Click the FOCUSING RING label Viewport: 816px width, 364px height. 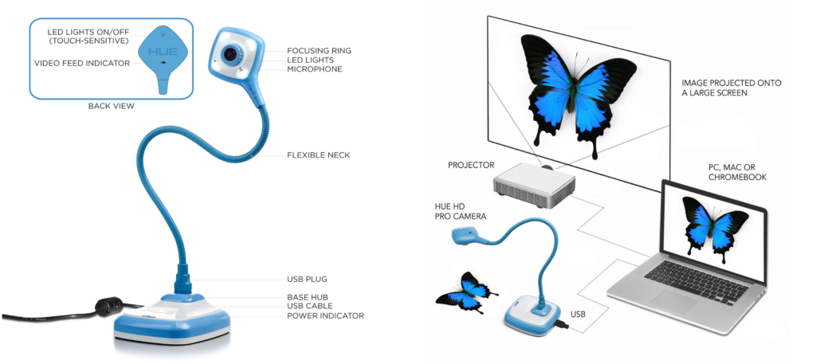pos(319,51)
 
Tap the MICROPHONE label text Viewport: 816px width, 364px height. pos(314,69)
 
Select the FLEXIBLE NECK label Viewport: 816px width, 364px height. pos(319,155)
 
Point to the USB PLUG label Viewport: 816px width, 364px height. pos(307,280)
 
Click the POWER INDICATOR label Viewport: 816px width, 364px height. pos(325,315)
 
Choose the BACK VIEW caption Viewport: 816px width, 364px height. pos(111,106)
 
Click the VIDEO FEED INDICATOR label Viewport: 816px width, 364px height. pos(82,63)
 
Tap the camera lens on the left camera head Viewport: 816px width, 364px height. pos(231,53)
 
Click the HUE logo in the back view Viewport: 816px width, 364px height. pos(163,53)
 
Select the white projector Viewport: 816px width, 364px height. pos(534,184)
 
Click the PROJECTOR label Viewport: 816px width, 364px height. pos(471,166)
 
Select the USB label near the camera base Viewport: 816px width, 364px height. pos(579,314)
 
